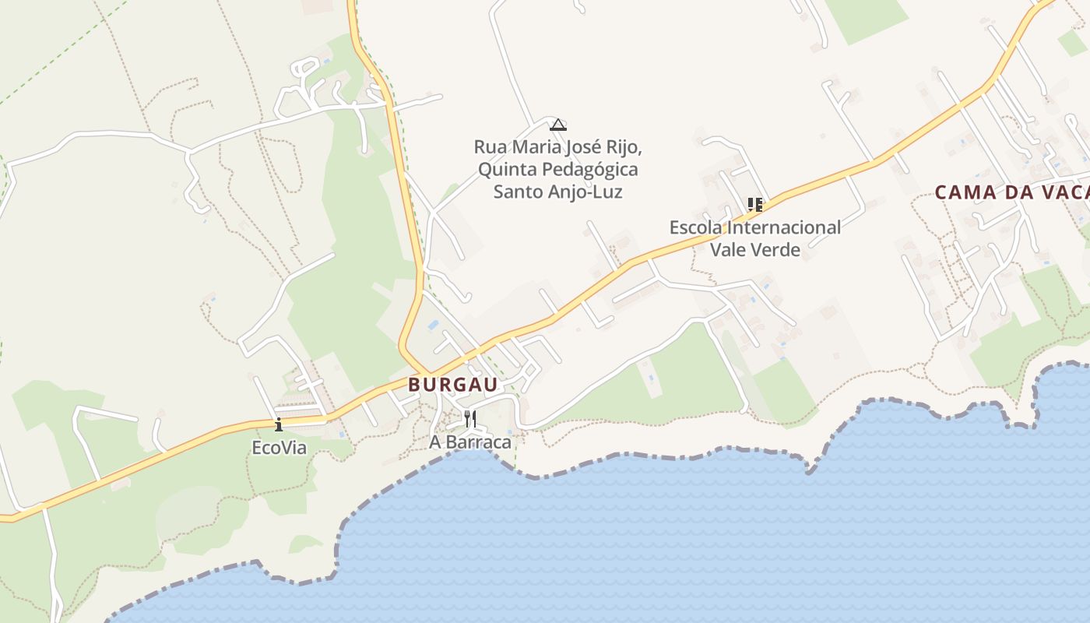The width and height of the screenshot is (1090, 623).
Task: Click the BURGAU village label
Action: [x=452, y=385]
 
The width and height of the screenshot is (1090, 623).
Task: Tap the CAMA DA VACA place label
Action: [x=1011, y=192]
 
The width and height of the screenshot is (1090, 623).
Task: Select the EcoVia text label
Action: [x=279, y=449]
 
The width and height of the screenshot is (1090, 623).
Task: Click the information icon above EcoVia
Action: [x=279, y=424]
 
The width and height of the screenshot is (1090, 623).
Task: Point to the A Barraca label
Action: [x=470, y=442]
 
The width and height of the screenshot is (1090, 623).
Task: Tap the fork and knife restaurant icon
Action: [x=469, y=419]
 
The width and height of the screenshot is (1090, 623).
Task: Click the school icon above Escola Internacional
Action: [x=754, y=205]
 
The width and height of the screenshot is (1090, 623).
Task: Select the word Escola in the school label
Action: [x=695, y=228]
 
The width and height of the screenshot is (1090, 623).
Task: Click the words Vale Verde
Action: [x=754, y=250]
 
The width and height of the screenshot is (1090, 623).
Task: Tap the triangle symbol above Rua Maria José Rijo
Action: [x=557, y=125]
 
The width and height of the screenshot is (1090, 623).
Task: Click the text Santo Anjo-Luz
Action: [x=557, y=192]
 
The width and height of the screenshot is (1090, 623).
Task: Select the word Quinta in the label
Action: [x=507, y=170]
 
